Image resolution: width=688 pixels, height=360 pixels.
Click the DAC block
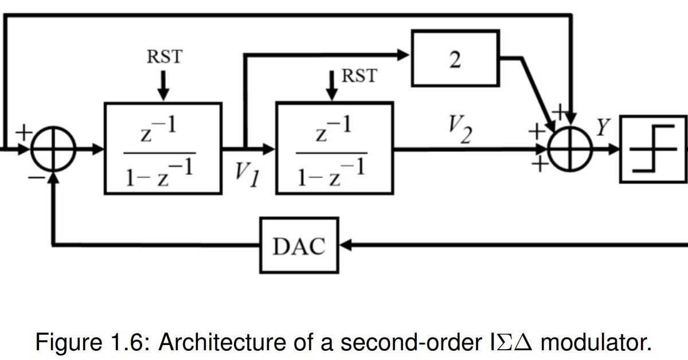click(299, 245)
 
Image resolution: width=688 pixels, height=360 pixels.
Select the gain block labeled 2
click(455, 58)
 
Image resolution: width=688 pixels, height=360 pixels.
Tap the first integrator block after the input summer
click(163, 148)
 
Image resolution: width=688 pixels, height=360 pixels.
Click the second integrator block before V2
click(335, 148)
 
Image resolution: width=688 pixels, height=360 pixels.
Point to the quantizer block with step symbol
click(654, 149)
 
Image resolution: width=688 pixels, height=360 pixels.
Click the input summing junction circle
click(53, 149)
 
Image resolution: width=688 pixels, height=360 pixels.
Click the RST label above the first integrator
click(164, 57)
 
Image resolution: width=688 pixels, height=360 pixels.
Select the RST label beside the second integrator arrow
click(359, 76)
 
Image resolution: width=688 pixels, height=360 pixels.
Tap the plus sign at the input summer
click(24, 132)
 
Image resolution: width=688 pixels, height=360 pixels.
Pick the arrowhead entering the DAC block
click(346, 245)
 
